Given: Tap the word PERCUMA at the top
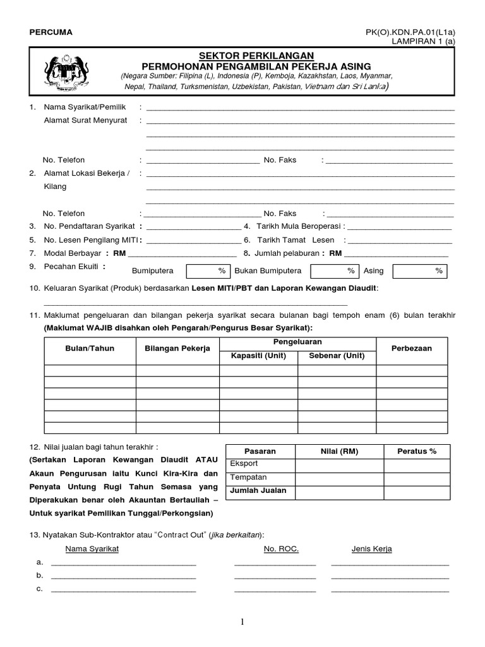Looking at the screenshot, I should pos(51,32).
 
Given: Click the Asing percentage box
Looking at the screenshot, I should pos(420,270).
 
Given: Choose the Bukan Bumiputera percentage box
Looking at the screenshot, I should pos(335,270).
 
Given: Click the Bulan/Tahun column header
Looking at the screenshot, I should pos(90,348).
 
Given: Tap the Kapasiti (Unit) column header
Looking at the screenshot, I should pos(258,356).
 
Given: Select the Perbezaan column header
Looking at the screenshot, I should pos(412,348).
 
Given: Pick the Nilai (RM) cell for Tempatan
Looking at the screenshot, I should pos(339,478).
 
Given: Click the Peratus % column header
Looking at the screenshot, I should pos(416,451).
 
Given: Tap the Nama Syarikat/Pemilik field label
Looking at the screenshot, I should pos(83,107).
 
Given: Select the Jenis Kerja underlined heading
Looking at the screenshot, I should pos(371,548).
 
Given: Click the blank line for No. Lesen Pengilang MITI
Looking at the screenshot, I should pos(193,240).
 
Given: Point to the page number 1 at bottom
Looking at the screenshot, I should pos(242,622).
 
